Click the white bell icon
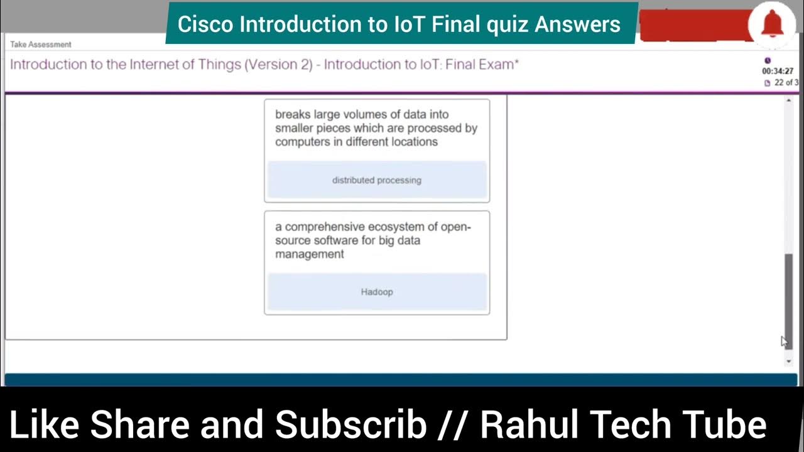[x=772, y=24]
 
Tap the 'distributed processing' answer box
[x=377, y=180]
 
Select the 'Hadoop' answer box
[x=377, y=292]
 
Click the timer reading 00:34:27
[x=777, y=71]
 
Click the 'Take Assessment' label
[x=40, y=45]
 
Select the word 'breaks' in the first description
[x=291, y=114]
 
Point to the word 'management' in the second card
[x=309, y=254]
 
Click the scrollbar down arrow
[x=789, y=362]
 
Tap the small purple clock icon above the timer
[x=768, y=60]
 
